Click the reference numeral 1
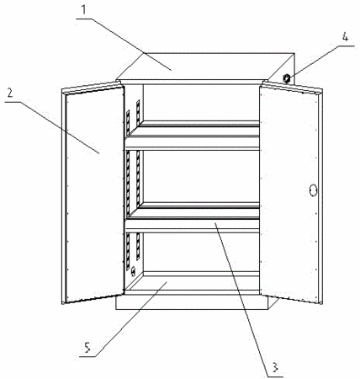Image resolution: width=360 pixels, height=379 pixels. (83, 9)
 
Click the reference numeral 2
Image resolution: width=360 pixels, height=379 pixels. (10, 93)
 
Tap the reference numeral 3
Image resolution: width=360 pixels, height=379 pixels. (274, 366)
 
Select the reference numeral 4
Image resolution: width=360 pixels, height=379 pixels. (345, 37)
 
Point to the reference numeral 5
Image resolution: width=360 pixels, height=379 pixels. (87, 348)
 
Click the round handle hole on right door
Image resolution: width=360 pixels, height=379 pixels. (313, 190)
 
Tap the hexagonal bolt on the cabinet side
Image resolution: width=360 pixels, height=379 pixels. (287, 78)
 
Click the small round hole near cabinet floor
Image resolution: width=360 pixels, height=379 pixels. (134, 271)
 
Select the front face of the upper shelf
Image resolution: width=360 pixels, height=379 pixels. (192, 142)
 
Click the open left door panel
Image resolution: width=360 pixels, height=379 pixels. (94, 194)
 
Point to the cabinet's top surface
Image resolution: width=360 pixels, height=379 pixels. (204, 66)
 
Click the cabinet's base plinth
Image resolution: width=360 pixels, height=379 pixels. (193, 302)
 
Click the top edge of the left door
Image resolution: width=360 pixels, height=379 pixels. (92, 87)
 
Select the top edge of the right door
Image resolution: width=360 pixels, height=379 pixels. (292, 87)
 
